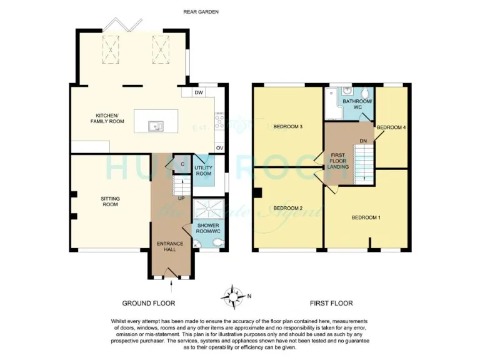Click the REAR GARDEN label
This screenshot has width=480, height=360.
coord(201,12)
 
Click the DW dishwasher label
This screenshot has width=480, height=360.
coord(199,93)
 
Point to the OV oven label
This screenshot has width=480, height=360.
coord(219,147)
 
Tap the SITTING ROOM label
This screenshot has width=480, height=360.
coord(110,201)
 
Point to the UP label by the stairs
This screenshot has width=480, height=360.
coord(181,199)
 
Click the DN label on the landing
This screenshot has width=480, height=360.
coord(362,141)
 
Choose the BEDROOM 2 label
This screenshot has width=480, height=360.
coord(288,208)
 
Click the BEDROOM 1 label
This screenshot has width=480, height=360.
coord(365,217)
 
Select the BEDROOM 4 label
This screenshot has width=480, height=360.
coord(392,127)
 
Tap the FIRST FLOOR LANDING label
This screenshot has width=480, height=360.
coord(338,159)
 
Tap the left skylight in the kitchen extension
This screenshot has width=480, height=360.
coord(111,48)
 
